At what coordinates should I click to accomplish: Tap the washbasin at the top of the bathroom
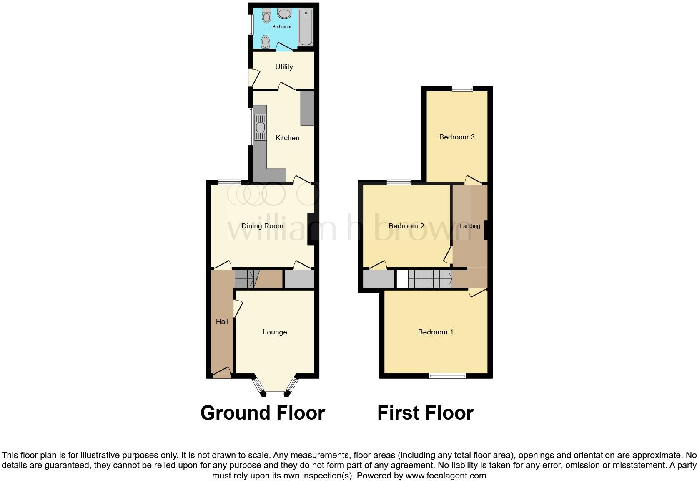pyautogui.click(x=285, y=14)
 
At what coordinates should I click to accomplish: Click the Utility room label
pyautogui.click(x=284, y=67)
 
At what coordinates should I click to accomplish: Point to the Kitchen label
pyautogui.click(x=287, y=138)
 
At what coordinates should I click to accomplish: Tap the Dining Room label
pyautogui.click(x=262, y=226)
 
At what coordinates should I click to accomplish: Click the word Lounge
pyautogui.click(x=275, y=332)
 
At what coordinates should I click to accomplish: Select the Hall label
pyautogui.click(x=222, y=322)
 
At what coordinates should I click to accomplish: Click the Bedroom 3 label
pyautogui.click(x=457, y=137)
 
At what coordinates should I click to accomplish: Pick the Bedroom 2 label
pyautogui.click(x=406, y=226)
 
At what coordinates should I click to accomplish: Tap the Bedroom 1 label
pyautogui.click(x=436, y=332)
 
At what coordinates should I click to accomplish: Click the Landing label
pyautogui.click(x=470, y=226)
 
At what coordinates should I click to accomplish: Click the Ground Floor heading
pyautogui.click(x=263, y=413)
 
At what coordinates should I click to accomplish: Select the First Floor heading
pyautogui.click(x=425, y=413)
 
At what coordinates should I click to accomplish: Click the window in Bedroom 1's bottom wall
pyautogui.click(x=447, y=376)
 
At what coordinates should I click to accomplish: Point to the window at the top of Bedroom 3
pyautogui.click(x=462, y=89)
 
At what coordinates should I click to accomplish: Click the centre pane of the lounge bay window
pyautogui.click(x=275, y=394)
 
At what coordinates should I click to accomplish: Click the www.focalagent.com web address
pyautogui.click(x=446, y=476)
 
